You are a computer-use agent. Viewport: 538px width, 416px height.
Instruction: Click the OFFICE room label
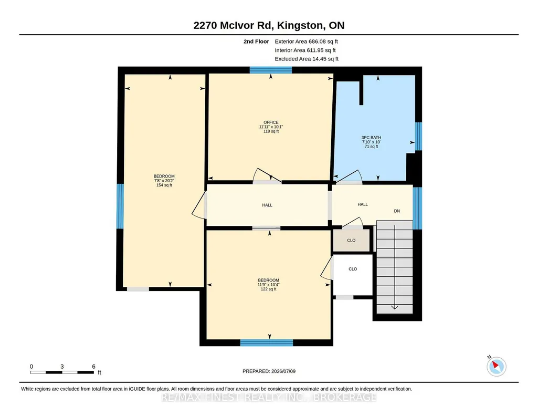tap(271, 122)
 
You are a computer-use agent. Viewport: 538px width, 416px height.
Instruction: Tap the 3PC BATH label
tap(371, 138)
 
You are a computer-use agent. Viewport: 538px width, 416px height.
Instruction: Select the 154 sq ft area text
tap(164, 185)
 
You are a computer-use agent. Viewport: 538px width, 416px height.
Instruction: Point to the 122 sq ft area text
tap(268, 289)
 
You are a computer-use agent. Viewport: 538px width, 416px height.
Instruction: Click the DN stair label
tap(397, 211)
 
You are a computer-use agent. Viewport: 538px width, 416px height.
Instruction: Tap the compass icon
tap(496, 366)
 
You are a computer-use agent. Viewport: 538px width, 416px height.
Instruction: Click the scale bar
tap(62, 372)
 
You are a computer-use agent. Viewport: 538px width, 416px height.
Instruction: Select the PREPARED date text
tap(269, 371)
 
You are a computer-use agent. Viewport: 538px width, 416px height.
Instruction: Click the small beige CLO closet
tap(351, 240)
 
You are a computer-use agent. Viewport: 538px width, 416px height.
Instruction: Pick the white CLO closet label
tap(353, 269)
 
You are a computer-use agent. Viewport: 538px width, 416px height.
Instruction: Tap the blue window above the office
tap(271, 70)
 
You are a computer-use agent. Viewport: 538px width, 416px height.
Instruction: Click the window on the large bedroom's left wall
tap(120, 206)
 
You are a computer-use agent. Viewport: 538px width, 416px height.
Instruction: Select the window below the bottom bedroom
tap(267, 342)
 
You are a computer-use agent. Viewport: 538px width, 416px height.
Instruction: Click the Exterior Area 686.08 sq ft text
tap(307, 41)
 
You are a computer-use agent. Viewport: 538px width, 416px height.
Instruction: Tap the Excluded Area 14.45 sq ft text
tap(307, 59)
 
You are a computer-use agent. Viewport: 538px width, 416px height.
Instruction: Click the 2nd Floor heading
tap(256, 41)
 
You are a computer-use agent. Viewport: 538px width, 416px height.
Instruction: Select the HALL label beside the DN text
tap(363, 204)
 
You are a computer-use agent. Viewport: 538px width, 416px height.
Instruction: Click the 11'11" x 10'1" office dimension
tap(271, 127)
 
